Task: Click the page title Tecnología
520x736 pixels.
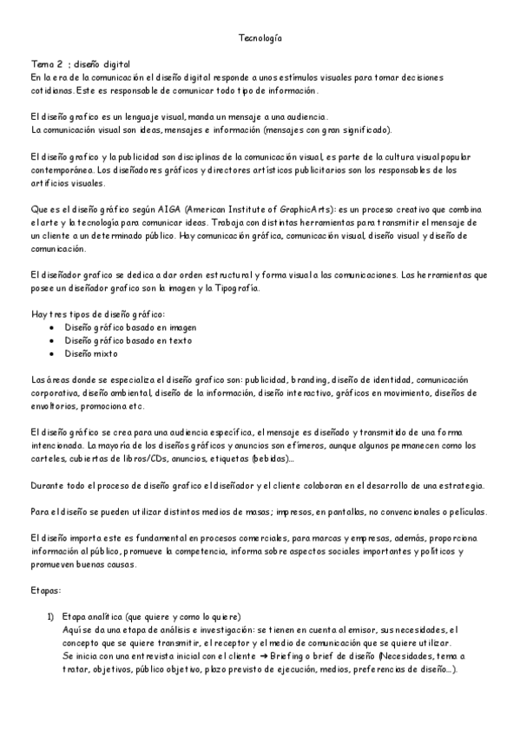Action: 260,38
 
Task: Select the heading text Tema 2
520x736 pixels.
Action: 46,64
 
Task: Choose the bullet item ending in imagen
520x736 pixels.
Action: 122,327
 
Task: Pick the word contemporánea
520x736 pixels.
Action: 60,170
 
